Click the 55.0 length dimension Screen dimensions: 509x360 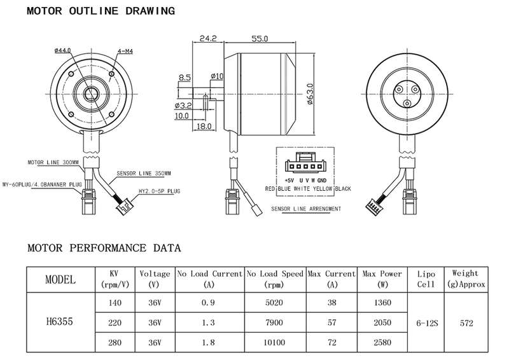click(x=260, y=39)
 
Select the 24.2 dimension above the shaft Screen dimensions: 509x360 click(x=208, y=38)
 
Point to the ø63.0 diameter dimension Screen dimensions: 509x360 click(x=310, y=94)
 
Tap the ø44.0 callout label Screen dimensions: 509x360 click(x=63, y=50)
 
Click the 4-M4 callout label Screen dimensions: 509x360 click(x=125, y=52)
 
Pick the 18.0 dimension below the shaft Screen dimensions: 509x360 click(x=204, y=127)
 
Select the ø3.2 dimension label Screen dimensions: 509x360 click(x=183, y=106)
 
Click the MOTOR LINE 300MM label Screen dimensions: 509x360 click(x=53, y=162)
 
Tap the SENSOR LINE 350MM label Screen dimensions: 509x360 click(x=144, y=174)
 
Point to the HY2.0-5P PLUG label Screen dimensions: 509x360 click(x=160, y=191)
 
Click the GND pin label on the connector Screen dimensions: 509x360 click(x=322, y=181)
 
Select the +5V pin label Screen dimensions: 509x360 click(x=289, y=181)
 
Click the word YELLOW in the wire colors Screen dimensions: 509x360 click(x=323, y=189)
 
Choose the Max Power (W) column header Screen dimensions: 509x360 click(x=382, y=279)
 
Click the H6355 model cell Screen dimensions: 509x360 click(x=59, y=322)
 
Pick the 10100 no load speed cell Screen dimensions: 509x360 click(x=274, y=342)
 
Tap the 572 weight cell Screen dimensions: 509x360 click(x=466, y=323)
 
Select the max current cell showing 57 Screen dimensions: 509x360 click(x=331, y=322)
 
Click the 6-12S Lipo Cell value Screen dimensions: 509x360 click(x=427, y=323)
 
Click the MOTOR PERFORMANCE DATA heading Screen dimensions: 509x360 click(x=104, y=248)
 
